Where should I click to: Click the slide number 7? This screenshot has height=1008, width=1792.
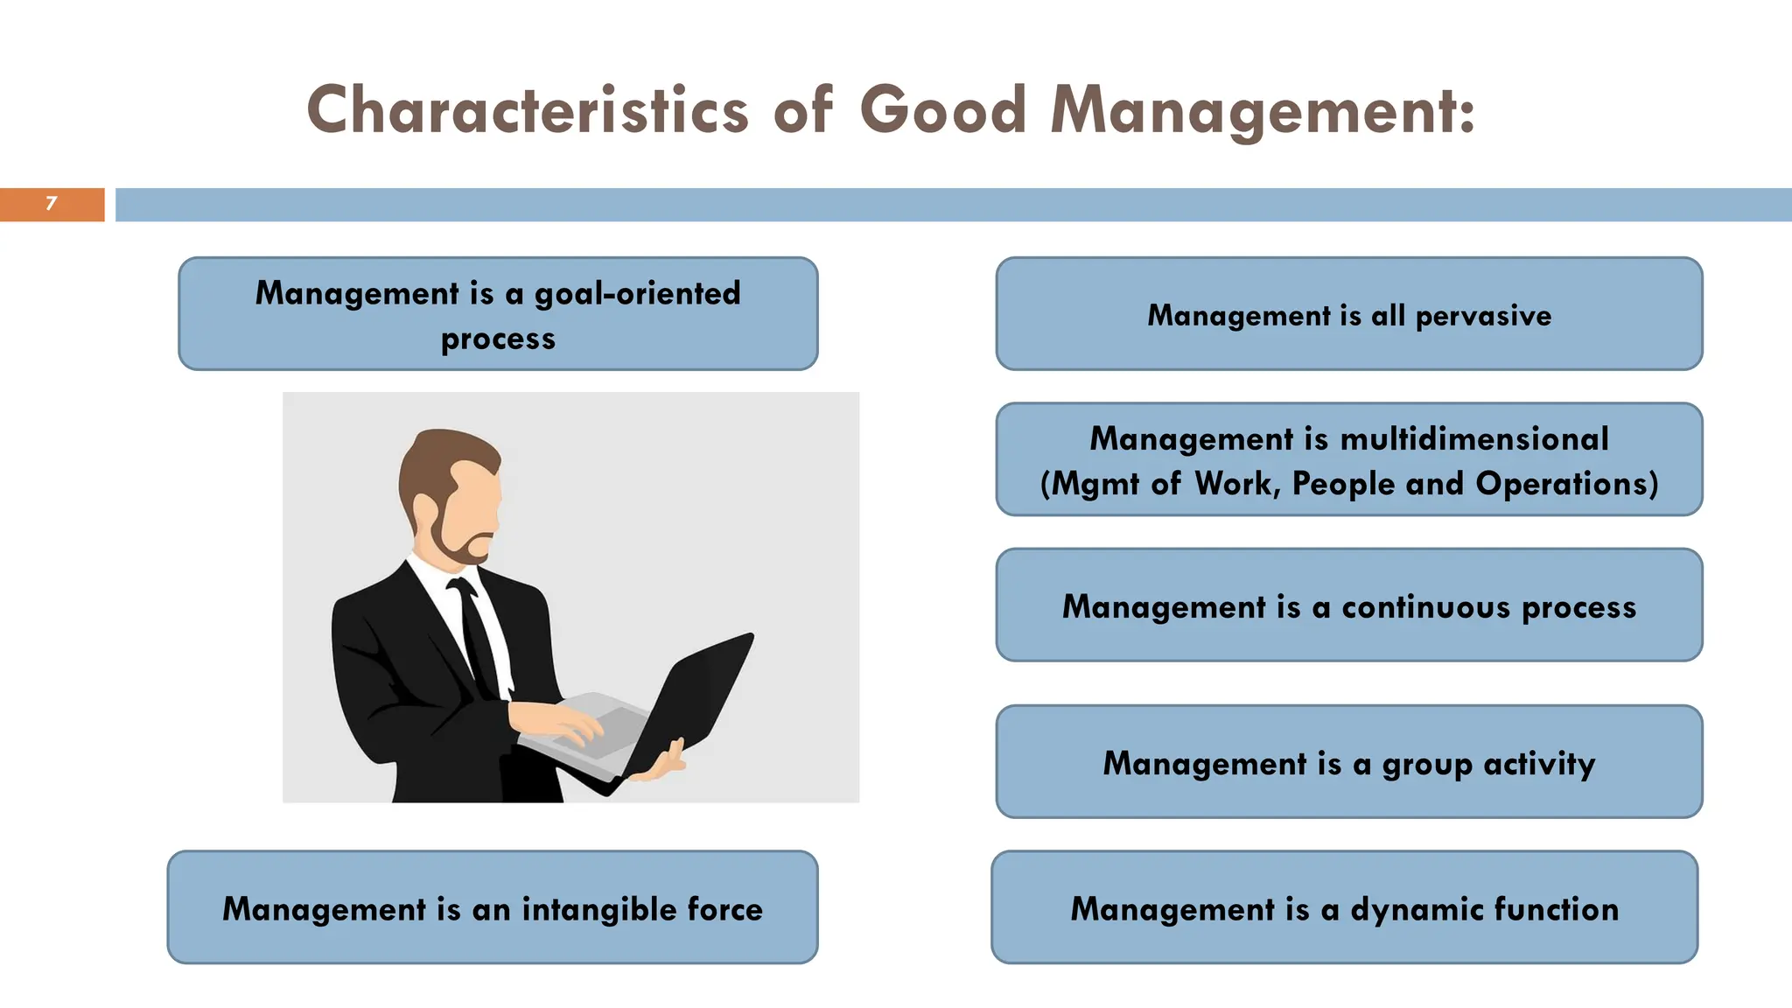coord(52,204)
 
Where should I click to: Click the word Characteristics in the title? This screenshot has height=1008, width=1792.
coord(528,111)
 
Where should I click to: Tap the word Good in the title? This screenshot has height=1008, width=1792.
coord(942,111)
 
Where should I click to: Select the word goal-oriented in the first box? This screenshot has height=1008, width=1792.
coord(637,293)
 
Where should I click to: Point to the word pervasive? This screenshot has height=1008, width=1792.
coord(1483,316)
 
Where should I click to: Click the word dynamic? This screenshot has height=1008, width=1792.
coord(1417,909)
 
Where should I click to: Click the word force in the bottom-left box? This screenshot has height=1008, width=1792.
coord(724,909)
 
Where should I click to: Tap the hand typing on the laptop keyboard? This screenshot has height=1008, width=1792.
coord(560,722)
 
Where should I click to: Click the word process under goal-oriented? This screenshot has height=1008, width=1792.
coord(498,339)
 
